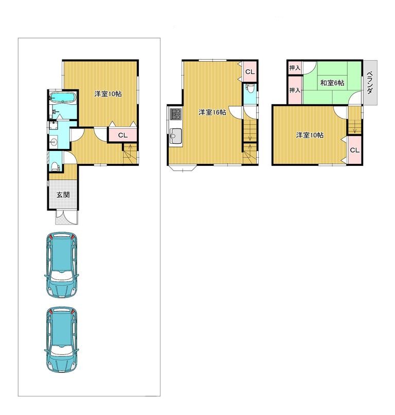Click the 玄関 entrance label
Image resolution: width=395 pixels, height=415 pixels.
coord(63,195)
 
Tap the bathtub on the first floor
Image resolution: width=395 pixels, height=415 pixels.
coord(63,98)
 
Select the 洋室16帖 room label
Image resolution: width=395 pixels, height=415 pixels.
coord(212,112)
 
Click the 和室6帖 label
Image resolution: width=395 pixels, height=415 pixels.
coord(332,83)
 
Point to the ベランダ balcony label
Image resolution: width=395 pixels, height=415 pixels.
coord(370,83)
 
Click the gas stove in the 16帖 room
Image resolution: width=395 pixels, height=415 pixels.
coord(175,114)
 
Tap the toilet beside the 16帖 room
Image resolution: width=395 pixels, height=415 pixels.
coord(250,88)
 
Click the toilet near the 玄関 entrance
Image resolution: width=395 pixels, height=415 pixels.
coord(55,166)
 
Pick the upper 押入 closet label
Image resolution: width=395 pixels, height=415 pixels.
coord(295,68)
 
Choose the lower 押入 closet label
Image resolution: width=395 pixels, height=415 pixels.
coord(295,90)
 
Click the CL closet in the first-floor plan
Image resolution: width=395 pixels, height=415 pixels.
coord(123,135)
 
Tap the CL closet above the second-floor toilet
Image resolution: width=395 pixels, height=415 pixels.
coord(250,72)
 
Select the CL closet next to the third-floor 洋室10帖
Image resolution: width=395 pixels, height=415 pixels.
coord(355,150)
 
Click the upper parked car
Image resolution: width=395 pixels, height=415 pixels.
coord(62,265)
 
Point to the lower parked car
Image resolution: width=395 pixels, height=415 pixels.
coord(62,340)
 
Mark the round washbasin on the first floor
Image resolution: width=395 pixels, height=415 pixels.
coord(53,142)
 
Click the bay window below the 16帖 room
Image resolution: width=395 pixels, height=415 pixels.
coord(183,168)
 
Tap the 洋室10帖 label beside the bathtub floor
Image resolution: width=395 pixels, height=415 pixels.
coord(108,93)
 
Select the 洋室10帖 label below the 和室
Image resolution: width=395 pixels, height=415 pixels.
coord(310,135)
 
